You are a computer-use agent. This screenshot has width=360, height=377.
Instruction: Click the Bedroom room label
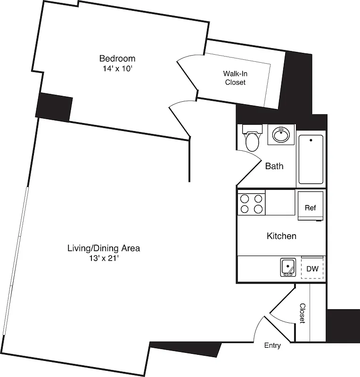click(x=117, y=58)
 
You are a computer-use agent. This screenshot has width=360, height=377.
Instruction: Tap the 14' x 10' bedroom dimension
click(x=117, y=68)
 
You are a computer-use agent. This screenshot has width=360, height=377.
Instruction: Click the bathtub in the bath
click(x=311, y=159)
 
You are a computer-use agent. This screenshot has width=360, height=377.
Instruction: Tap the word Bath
click(x=274, y=166)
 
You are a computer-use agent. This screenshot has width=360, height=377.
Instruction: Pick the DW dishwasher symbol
click(x=312, y=269)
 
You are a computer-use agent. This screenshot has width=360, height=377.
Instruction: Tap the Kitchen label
click(x=281, y=236)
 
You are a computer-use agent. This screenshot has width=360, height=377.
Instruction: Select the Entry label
click(x=272, y=345)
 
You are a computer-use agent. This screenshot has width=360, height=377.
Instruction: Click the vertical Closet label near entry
click(x=302, y=313)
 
